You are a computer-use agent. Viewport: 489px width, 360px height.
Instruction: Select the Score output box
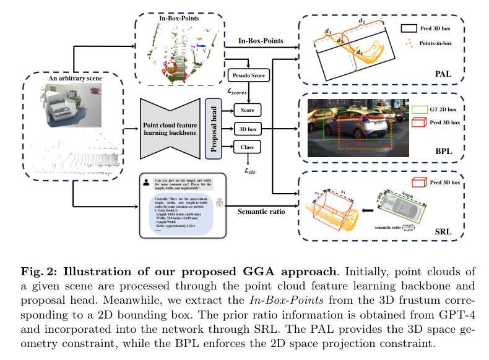(247, 109)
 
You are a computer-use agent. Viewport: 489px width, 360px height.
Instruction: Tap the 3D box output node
(247, 128)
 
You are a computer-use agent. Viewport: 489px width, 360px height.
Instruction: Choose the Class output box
(247, 147)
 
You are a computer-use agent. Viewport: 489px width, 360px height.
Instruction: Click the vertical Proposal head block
(213, 128)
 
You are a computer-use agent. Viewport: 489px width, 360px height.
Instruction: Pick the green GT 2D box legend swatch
(420, 109)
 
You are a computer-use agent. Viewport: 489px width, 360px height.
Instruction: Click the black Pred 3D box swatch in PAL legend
(409, 28)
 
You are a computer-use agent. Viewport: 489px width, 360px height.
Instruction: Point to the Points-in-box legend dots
(409, 43)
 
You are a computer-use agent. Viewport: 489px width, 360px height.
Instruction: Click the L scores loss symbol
(238, 93)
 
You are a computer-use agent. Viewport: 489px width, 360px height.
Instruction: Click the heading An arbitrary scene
(75, 79)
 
